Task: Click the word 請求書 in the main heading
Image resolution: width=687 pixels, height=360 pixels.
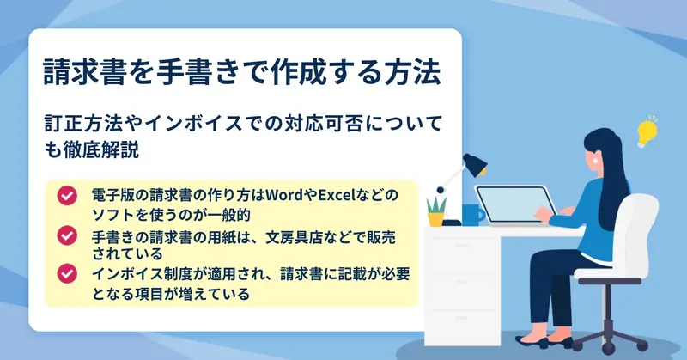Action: pyautogui.click(x=85, y=71)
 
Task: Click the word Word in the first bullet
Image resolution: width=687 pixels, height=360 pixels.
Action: pyautogui.click(x=283, y=194)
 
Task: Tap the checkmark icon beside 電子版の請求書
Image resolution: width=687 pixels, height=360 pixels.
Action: pyautogui.click(x=67, y=196)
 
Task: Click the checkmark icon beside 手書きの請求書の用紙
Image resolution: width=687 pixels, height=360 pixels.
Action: pyautogui.click(x=67, y=235)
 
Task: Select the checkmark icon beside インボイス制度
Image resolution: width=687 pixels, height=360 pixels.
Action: pyautogui.click(x=67, y=273)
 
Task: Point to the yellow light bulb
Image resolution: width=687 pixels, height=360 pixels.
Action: pyautogui.click(x=647, y=131)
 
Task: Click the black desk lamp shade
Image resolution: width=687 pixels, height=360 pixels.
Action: pyautogui.click(x=475, y=164)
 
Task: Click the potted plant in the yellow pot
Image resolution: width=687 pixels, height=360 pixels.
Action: pyautogui.click(x=436, y=212)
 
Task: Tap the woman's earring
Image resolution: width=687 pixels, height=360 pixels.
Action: pyautogui.click(x=594, y=161)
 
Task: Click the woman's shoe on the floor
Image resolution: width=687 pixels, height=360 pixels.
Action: pyautogui.click(x=532, y=341)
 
